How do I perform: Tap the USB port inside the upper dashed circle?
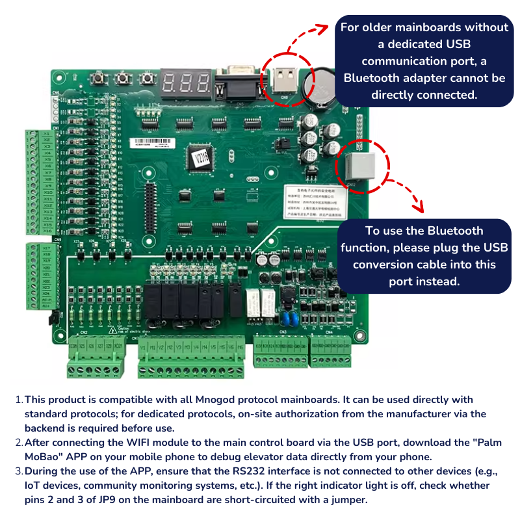tap(283, 79)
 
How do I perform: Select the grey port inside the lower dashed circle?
tap(356, 166)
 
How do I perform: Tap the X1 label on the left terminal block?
tap(47, 135)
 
